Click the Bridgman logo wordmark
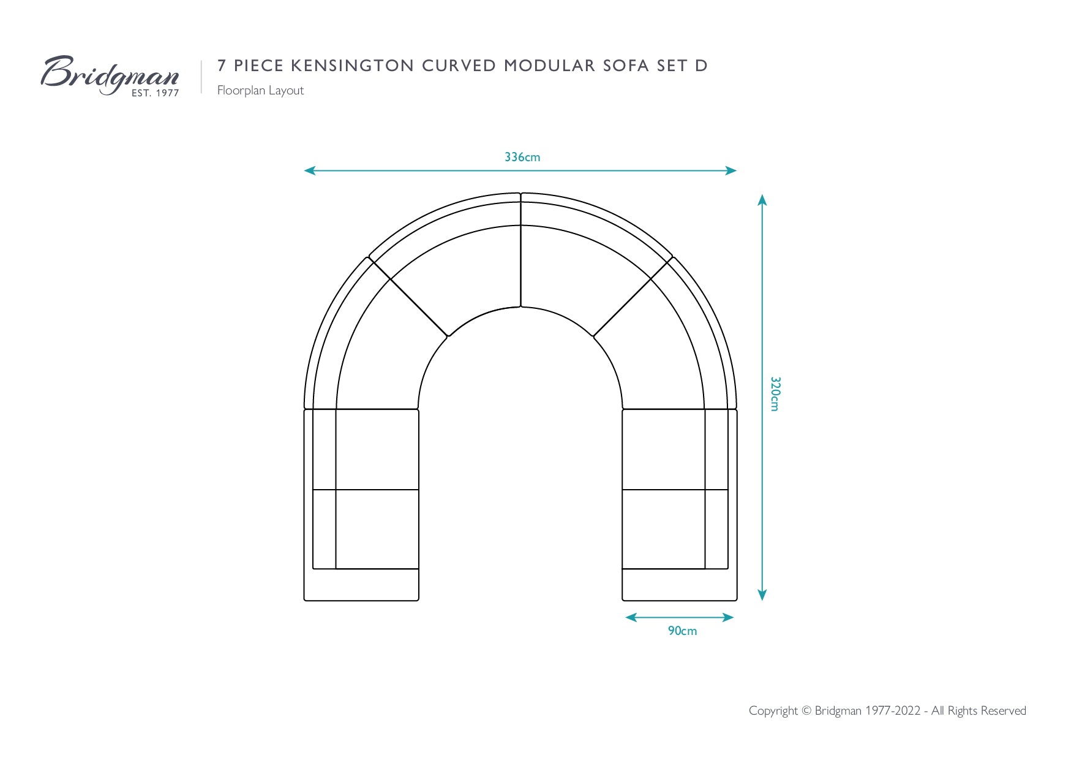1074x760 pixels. coord(110,74)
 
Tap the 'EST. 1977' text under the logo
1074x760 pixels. coord(156,93)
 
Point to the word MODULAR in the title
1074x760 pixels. coord(550,66)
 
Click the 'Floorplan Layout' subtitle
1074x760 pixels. coord(260,90)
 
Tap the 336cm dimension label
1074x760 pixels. coord(522,157)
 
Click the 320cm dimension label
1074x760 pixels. coord(775,394)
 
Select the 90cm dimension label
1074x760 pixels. coord(682,631)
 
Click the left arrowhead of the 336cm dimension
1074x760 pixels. coord(309,170)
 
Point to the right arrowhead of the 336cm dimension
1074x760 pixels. coord(732,170)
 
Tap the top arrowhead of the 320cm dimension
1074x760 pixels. coord(762,199)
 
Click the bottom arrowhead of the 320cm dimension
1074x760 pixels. coord(762,595)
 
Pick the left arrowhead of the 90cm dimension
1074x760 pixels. coord(631,617)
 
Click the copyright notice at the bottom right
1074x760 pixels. coord(887,710)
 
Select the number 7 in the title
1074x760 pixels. coord(222,66)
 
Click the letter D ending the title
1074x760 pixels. coord(701,66)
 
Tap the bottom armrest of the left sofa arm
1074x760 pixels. coord(361,585)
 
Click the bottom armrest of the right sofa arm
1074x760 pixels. coord(680,585)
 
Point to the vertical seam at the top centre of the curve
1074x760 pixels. coord(520,250)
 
